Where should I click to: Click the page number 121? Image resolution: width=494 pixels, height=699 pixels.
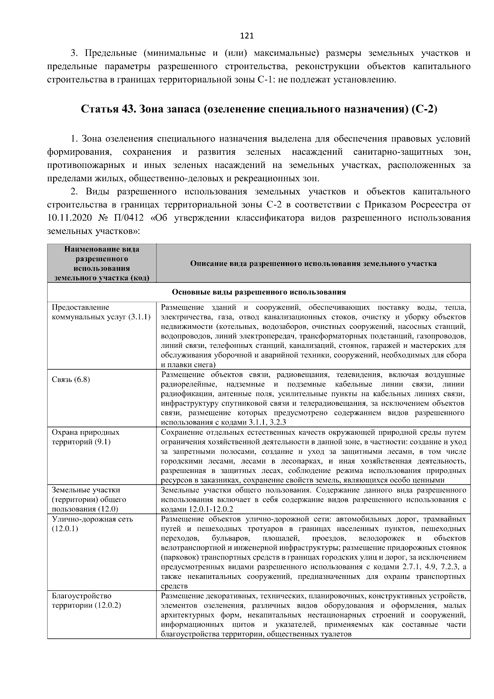tap(247, 36)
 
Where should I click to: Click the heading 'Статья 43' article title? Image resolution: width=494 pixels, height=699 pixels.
tap(259, 110)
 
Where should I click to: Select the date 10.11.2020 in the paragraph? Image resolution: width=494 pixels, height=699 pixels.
tap(68, 218)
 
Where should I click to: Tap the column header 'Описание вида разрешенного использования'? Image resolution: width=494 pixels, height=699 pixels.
tap(313, 263)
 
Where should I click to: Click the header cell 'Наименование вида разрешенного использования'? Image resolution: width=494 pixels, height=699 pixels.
tap(102, 263)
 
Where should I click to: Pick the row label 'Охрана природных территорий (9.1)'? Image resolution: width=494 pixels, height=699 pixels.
tap(86, 437)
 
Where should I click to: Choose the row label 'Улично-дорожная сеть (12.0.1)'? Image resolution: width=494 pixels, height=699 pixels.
tap(92, 524)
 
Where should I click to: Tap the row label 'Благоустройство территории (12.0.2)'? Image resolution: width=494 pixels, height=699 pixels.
tap(86, 601)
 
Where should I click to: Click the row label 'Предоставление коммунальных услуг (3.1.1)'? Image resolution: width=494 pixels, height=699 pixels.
tap(101, 312)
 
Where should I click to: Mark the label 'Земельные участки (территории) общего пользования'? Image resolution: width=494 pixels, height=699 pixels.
tap(89, 499)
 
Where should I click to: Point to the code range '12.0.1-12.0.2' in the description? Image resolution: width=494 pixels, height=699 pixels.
tap(211, 509)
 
